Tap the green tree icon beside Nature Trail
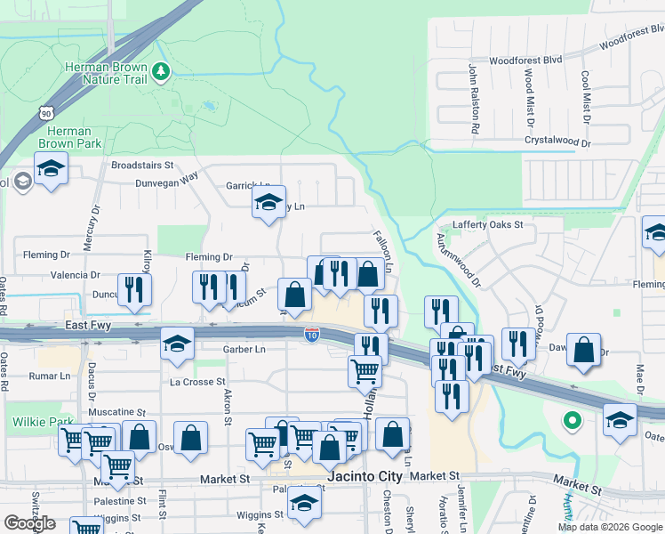coord(160,70)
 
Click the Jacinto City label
coord(365,477)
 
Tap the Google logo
coord(29,523)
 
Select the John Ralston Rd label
coord(475,99)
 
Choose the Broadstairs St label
coord(147,166)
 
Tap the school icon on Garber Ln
coord(178,344)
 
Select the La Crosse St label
coord(197,382)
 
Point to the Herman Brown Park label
coord(64,137)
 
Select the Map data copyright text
coord(609,527)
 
